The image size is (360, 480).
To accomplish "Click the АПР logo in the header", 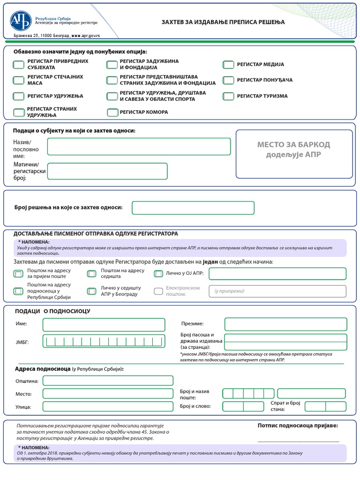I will coord(21,20).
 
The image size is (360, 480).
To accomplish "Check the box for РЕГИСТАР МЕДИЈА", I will coord(228,65).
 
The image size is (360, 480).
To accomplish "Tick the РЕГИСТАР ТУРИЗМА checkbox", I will coord(228,96).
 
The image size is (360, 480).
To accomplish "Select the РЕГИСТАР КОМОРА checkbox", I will coord(112,112).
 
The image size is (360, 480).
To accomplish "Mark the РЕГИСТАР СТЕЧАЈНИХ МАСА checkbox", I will coord(19,80).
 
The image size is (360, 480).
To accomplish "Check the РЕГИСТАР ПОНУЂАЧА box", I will coord(228,80).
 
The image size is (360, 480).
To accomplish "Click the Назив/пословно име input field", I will coord(139,146).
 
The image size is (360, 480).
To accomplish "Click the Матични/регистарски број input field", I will coord(107,171).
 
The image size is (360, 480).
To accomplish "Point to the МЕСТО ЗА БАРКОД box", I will coord(294,154).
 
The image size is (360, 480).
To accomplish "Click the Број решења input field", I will coord(193,208).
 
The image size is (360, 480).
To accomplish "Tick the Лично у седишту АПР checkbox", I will coord(91,291).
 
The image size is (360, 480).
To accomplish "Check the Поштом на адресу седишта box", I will coord(91,274).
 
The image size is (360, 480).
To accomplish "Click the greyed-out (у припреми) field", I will coord(277,291).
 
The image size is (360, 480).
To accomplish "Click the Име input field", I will coord(104,324).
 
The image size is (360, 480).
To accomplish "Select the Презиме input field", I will coord(286,324).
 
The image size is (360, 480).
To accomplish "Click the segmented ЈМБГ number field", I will coord(104,341).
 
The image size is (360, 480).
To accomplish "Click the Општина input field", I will coord(108,381).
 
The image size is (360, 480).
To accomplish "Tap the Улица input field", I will coord(108,406).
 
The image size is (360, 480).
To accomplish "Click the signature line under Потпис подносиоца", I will coord(298,441).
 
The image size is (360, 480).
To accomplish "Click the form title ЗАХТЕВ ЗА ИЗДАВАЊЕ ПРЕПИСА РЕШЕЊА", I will coord(223,22).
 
